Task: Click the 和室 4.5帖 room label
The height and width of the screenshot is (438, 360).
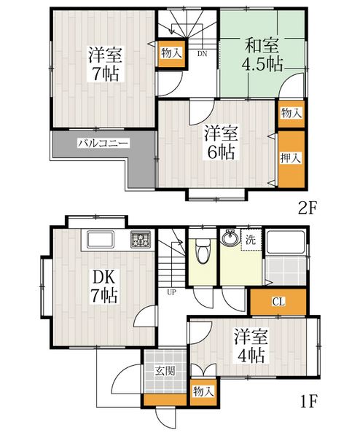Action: pos(262,55)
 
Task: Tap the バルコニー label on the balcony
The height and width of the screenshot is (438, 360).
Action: pos(103,144)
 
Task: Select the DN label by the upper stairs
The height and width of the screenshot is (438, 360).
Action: pos(202,53)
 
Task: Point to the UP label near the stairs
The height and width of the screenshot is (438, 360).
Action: pos(171,292)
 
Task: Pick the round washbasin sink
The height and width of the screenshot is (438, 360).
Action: pos(230,238)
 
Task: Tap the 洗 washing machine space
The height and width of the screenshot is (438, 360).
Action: pos(251,240)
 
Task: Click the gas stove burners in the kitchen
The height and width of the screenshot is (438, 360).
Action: pos(141,239)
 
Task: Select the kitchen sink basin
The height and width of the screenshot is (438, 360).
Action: pos(101,239)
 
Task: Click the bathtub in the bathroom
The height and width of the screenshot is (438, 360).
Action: pos(285,242)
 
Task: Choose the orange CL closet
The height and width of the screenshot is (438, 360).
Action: pos(278,302)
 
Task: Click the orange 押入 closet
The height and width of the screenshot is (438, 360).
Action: pos(291,159)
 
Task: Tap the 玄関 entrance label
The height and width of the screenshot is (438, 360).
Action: pos(165,371)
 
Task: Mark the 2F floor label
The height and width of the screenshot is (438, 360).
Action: pos(308,208)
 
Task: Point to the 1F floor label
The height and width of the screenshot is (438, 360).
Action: pos(309,402)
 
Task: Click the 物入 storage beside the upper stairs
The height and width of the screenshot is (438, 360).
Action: pos(171,53)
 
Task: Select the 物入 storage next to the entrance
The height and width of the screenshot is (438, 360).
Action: pos(203,391)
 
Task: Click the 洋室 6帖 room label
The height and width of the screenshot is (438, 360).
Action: pos(221,142)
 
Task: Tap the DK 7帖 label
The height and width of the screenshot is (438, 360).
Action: pos(103,286)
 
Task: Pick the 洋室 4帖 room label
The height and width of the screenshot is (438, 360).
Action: pos(251,346)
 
